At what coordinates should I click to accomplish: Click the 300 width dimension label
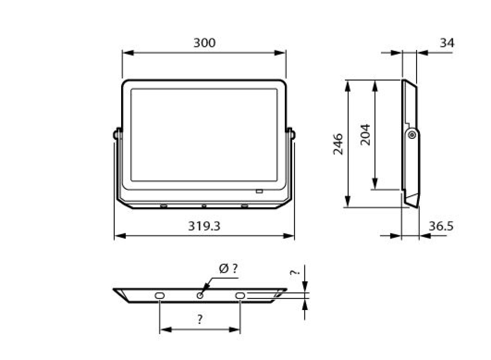tap(205, 43)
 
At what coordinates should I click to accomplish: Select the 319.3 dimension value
tap(204, 226)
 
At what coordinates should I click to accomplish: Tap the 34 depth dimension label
tap(447, 43)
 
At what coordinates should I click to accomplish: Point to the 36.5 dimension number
tap(441, 226)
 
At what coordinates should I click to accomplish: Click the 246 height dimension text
tap(338, 144)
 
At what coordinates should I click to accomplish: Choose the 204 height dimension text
tap(365, 135)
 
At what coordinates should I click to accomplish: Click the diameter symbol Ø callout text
tap(228, 269)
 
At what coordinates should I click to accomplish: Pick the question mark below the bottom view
tap(200, 319)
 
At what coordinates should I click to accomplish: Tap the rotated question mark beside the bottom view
tap(295, 273)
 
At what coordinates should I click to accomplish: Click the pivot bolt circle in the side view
tap(412, 135)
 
